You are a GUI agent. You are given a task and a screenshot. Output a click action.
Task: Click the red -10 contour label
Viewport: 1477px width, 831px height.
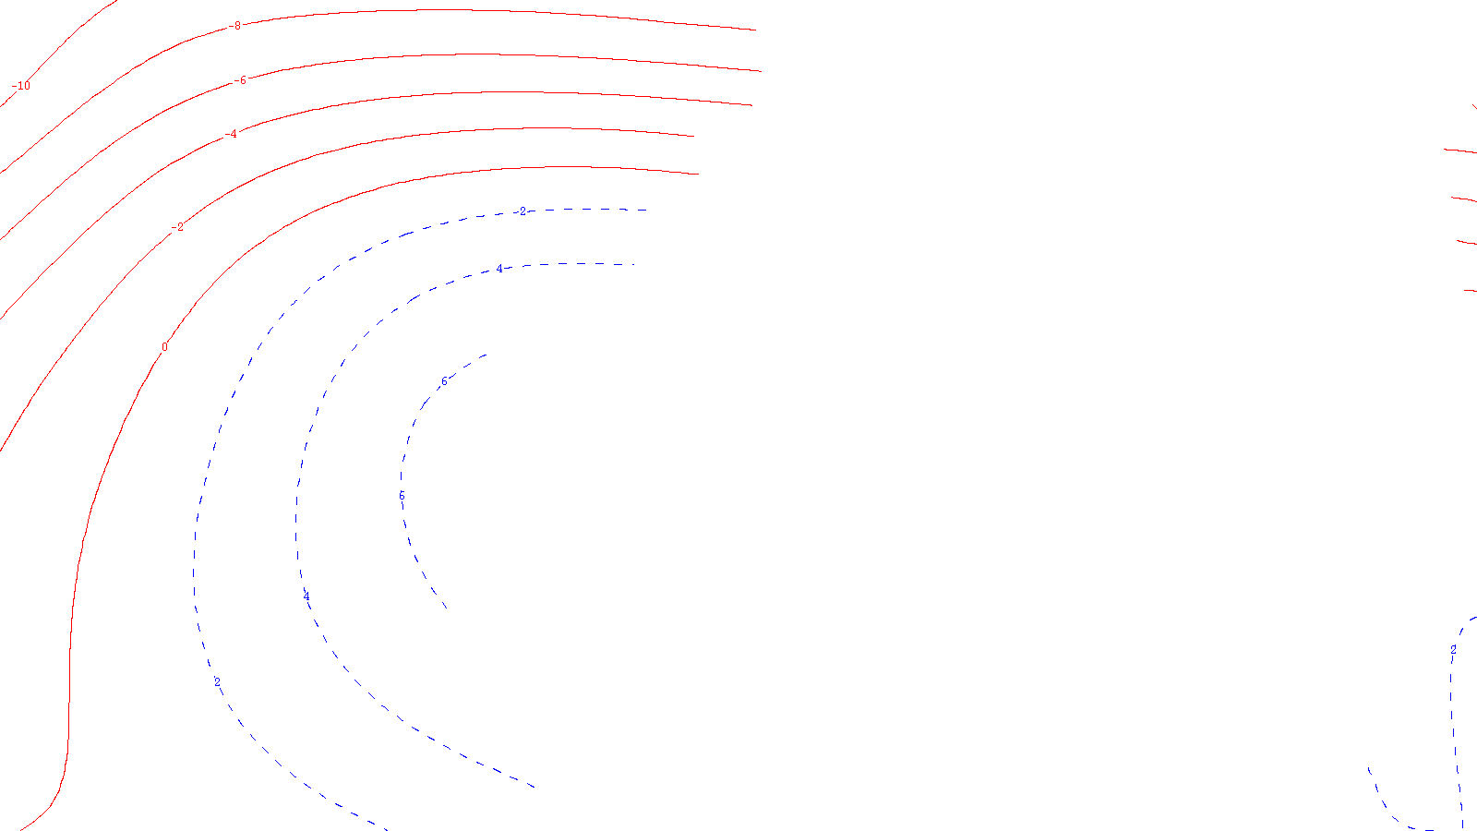pos(21,86)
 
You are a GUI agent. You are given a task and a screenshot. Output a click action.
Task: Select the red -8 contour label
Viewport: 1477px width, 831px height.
pos(236,26)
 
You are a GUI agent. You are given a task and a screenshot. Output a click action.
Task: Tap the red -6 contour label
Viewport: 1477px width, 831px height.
pos(241,80)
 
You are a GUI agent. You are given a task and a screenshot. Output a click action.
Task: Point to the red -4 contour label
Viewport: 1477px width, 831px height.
pos(232,134)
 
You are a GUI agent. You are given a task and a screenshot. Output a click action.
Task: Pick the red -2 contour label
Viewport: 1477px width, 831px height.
pos(177,227)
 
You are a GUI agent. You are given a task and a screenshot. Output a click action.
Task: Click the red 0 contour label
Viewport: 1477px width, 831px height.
pos(165,347)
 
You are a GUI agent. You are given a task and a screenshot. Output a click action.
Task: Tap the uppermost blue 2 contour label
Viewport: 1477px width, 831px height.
pos(522,211)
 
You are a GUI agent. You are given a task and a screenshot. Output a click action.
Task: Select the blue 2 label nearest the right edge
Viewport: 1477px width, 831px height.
pos(1453,650)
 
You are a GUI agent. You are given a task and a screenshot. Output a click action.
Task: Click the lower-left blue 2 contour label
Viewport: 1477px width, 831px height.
pos(217,682)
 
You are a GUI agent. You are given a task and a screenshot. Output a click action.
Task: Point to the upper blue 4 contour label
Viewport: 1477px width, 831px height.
pos(499,269)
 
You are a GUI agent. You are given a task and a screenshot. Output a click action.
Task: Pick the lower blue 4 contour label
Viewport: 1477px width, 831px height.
pos(306,596)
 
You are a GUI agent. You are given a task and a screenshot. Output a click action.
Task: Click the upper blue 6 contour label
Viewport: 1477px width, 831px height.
pos(444,381)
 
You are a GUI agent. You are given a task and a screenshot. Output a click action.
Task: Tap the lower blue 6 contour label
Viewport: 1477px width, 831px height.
pos(402,496)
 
